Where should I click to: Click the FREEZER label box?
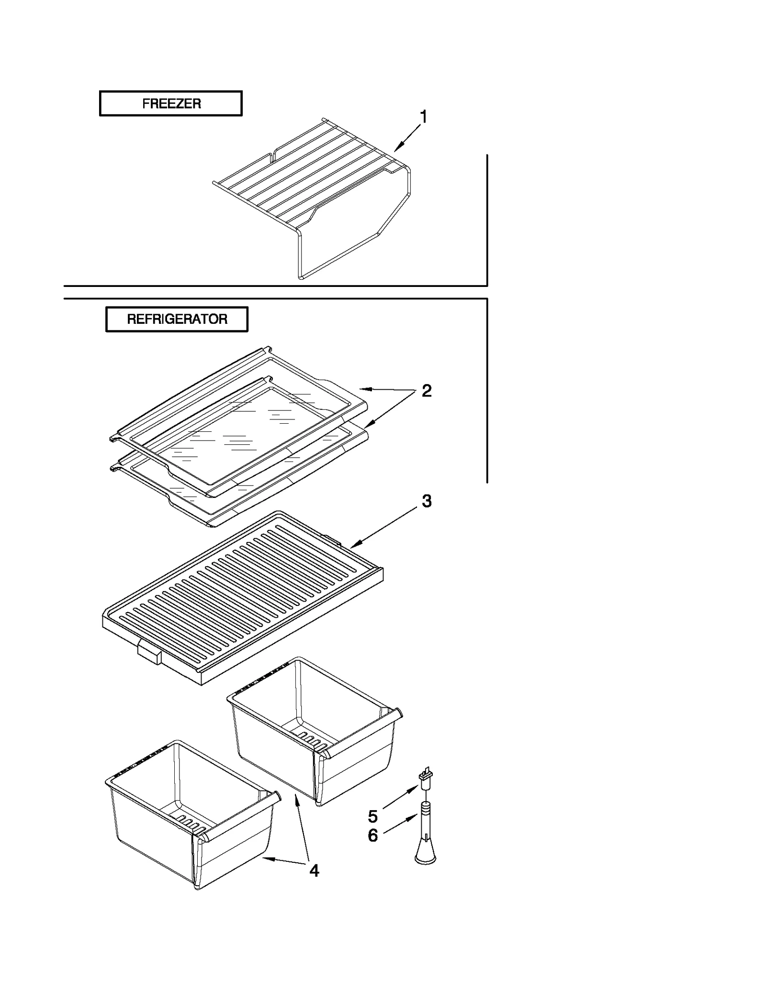click(x=170, y=103)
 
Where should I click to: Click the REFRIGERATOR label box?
click(x=177, y=319)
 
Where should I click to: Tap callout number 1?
click(x=423, y=117)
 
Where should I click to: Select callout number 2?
click(x=426, y=391)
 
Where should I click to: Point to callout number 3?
click(x=426, y=501)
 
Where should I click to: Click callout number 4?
click(x=314, y=870)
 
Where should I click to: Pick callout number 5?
click(x=373, y=815)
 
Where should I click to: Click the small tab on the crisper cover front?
click(x=149, y=651)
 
